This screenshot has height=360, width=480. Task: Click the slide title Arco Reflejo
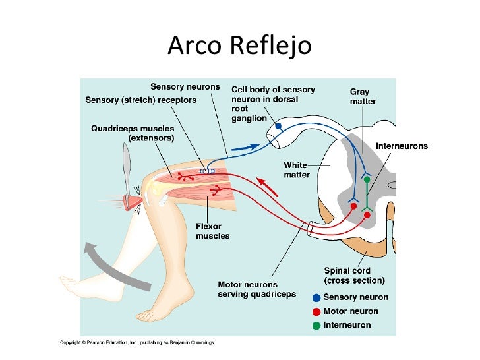click(x=239, y=45)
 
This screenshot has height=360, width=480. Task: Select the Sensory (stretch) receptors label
click(x=141, y=100)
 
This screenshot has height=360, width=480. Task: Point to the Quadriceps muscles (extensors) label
click(x=133, y=133)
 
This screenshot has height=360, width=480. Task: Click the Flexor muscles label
click(x=212, y=231)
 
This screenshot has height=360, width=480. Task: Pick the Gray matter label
click(x=363, y=96)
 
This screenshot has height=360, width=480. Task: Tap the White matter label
click(x=296, y=169)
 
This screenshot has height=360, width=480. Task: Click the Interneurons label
click(x=402, y=146)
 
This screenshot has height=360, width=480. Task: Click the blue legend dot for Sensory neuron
click(x=316, y=297)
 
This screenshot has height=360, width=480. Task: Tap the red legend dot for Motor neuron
click(x=316, y=311)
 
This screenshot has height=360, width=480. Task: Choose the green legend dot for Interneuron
click(x=316, y=325)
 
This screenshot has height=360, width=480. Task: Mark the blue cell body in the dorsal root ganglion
click(x=278, y=125)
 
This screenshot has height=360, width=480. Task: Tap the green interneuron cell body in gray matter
click(x=367, y=162)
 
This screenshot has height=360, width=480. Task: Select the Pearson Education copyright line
click(x=138, y=342)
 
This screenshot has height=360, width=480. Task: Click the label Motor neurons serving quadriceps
click(x=257, y=289)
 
